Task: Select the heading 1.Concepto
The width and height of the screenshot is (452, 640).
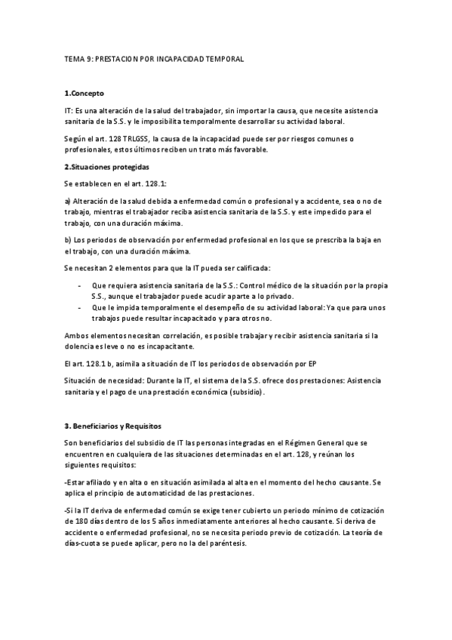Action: pos(85,93)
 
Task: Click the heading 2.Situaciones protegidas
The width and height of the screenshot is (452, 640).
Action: pos(106,166)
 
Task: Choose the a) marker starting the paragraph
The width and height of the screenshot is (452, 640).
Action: pos(68,201)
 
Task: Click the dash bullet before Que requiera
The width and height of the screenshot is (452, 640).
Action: pos(81,285)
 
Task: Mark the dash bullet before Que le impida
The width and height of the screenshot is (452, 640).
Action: pos(81,309)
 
